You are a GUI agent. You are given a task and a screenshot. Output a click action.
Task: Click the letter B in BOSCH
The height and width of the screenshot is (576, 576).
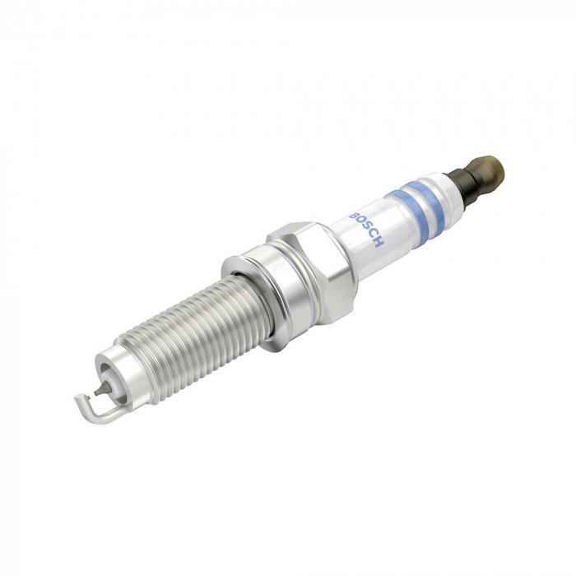point(354,216)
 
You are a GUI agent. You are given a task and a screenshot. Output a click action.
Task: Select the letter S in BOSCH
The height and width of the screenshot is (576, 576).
point(367,229)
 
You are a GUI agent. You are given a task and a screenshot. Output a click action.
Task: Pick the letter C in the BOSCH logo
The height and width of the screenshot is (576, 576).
point(373,235)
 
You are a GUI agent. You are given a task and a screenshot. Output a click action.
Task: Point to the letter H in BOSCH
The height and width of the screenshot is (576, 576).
point(379,242)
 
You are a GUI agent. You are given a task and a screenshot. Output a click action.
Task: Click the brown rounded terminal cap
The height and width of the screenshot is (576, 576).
point(489,173)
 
